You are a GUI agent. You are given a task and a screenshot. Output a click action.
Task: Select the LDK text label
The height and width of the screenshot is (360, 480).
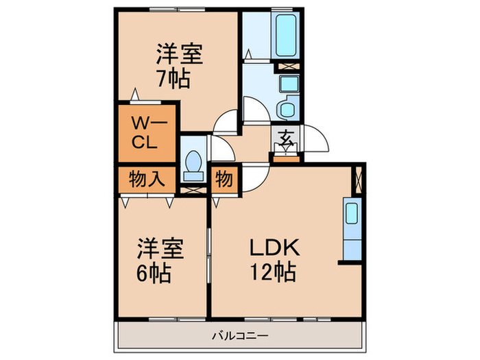[274, 248]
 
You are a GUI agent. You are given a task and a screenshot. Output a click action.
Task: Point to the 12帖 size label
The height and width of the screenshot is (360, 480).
[273, 272]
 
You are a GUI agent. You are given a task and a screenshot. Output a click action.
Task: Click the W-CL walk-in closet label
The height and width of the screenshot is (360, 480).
[147, 132]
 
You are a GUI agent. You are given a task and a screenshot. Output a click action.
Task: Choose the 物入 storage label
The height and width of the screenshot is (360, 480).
[147, 179]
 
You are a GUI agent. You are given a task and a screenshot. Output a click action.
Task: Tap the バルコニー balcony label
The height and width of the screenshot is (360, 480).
[240, 336]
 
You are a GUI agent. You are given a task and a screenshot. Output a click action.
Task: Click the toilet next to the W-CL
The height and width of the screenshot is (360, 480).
[193, 166]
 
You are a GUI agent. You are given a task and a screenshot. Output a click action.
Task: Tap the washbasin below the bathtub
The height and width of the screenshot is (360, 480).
[289, 83]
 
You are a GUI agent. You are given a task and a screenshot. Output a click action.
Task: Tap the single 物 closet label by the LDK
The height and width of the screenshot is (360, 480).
[224, 179]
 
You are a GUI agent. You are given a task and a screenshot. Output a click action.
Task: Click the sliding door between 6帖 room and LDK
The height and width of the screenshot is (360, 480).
[208, 255]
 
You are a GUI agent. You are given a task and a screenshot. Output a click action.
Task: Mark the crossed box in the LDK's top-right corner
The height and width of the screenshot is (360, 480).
[359, 180]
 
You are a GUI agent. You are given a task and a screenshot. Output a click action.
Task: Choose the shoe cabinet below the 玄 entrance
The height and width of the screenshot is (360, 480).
[286, 159]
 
